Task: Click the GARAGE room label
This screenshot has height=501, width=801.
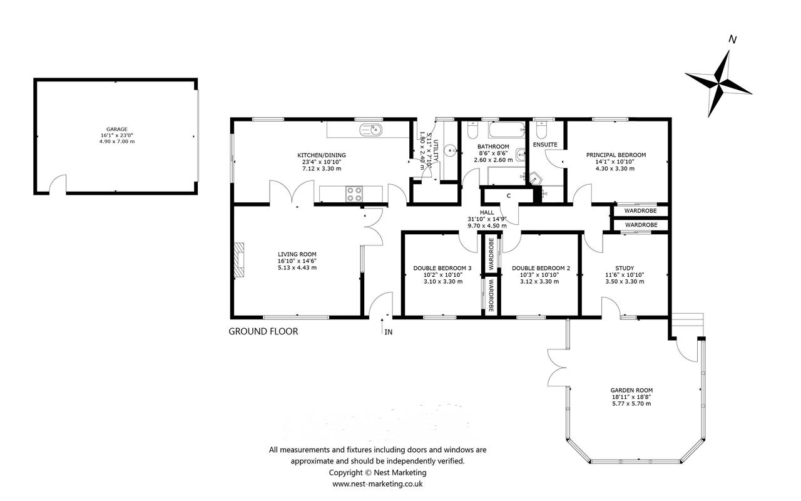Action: (116, 129)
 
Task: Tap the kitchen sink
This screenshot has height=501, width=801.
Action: (371, 130)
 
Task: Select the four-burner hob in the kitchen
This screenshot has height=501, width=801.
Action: (354, 194)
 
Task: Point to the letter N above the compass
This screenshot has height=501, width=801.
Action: (732, 39)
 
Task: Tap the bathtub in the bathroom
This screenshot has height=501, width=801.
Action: (507, 130)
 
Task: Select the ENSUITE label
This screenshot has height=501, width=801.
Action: (545, 145)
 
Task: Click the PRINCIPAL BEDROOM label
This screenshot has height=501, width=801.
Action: (616, 155)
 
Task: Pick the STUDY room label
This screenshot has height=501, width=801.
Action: (625, 268)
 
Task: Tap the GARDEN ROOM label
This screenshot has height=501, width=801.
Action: (631, 390)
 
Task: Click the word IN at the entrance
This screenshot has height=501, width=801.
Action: (389, 332)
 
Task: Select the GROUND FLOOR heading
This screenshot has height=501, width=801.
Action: (263, 331)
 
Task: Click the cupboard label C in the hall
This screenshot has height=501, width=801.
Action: (509, 196)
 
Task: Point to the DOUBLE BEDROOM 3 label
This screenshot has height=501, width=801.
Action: (442, 268)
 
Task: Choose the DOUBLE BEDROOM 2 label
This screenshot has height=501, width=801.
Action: (541, 268)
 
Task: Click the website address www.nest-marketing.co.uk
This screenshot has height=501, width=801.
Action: (377, 484)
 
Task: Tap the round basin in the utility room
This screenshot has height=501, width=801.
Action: (450, 150)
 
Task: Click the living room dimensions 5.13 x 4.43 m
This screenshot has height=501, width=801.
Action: (297, 267)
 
